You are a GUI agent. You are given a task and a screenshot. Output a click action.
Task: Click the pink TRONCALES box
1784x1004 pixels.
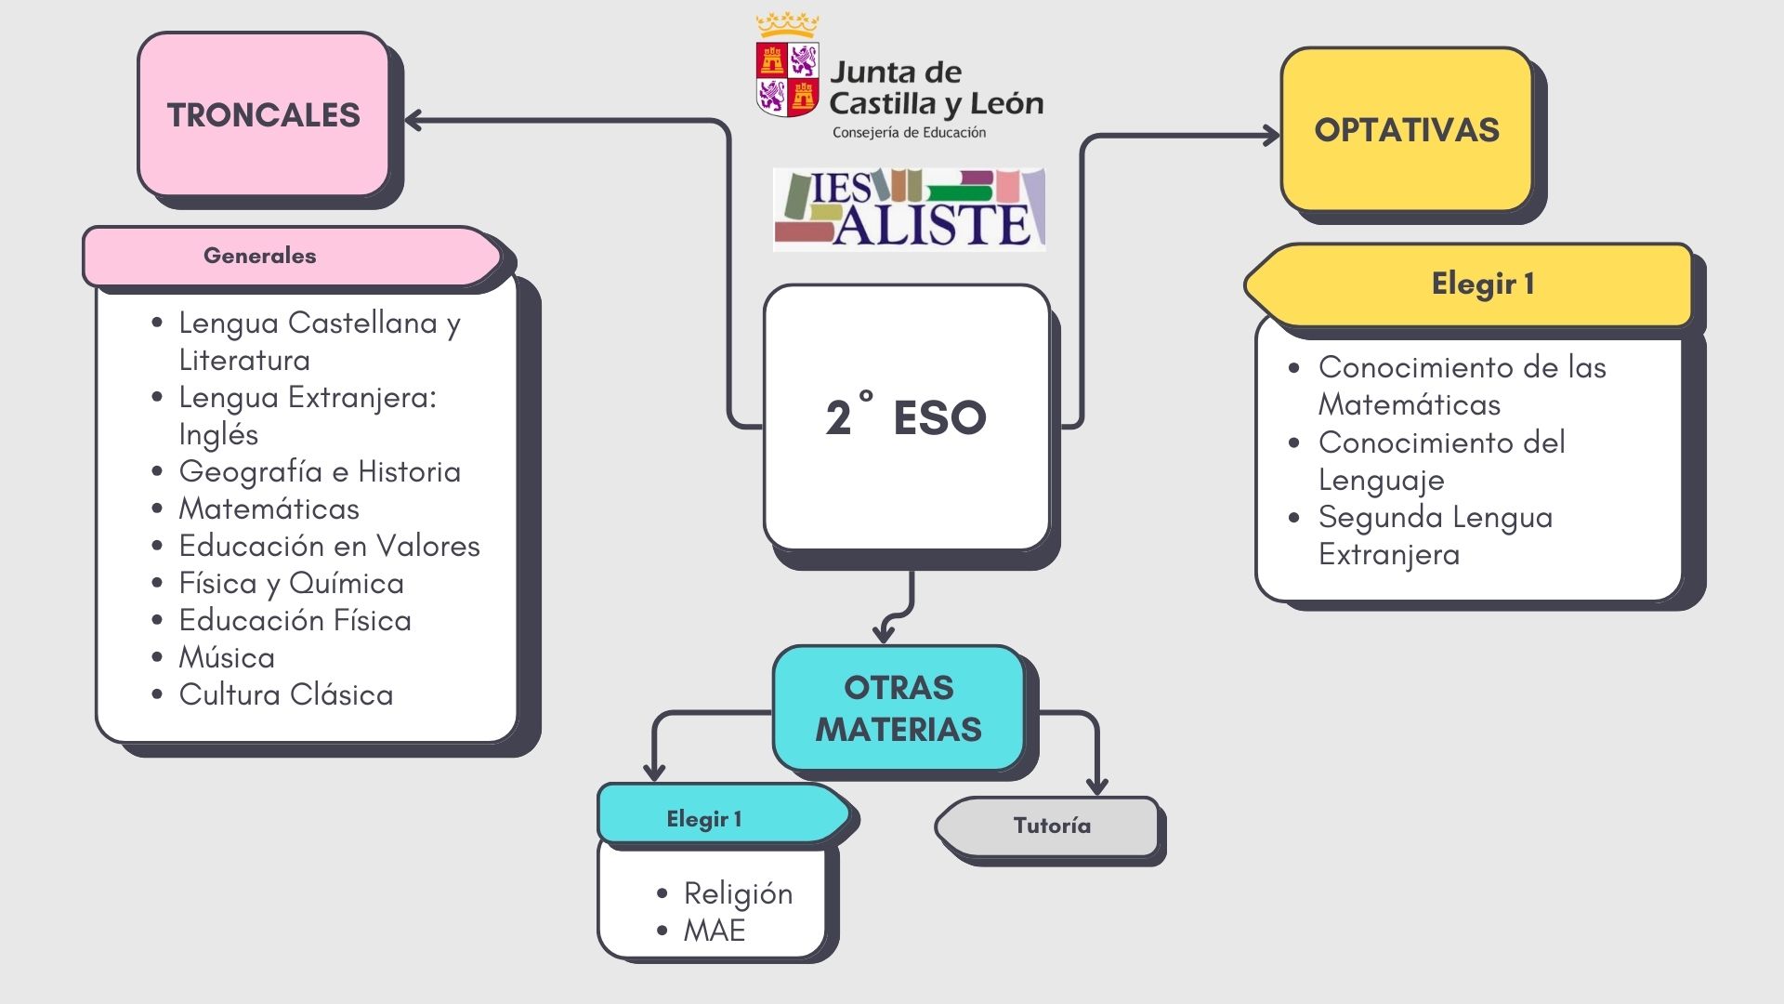point(263,114)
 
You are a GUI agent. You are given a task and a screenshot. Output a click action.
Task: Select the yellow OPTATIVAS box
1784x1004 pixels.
point(1406,130)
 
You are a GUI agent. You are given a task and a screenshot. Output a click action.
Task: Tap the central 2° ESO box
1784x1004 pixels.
point(906,417)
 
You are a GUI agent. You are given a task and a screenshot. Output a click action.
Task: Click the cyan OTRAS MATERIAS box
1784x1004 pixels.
point(899,708)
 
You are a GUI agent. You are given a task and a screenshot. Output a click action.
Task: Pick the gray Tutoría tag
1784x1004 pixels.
point(1052,826)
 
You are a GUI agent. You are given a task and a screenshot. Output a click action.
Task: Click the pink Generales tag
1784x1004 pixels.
point(260,256)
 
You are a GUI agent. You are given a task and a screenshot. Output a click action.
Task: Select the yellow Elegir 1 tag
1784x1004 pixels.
point(1482,284)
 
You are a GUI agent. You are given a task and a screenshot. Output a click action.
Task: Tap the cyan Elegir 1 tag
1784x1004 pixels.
point(703,819)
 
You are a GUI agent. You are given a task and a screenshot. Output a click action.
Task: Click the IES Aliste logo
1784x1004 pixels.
point(909,209)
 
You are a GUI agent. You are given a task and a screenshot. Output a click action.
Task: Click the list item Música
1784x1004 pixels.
point(227,657)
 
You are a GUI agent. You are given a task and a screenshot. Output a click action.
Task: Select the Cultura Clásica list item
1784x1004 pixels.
point(285,694)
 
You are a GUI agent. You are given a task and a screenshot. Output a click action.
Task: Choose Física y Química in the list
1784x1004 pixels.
point(291,583)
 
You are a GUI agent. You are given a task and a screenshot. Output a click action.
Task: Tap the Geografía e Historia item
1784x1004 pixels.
point(319,471)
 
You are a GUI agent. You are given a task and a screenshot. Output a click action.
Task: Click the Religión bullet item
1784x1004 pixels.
point(738,893)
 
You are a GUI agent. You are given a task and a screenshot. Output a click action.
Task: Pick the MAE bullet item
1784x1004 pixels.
point(714,931)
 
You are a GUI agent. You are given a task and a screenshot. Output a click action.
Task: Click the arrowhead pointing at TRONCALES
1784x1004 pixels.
point(413,120)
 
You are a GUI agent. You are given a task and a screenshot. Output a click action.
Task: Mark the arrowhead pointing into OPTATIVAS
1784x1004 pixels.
point(1271,137)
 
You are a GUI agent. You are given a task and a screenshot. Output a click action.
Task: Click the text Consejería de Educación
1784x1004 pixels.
point(909,133)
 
